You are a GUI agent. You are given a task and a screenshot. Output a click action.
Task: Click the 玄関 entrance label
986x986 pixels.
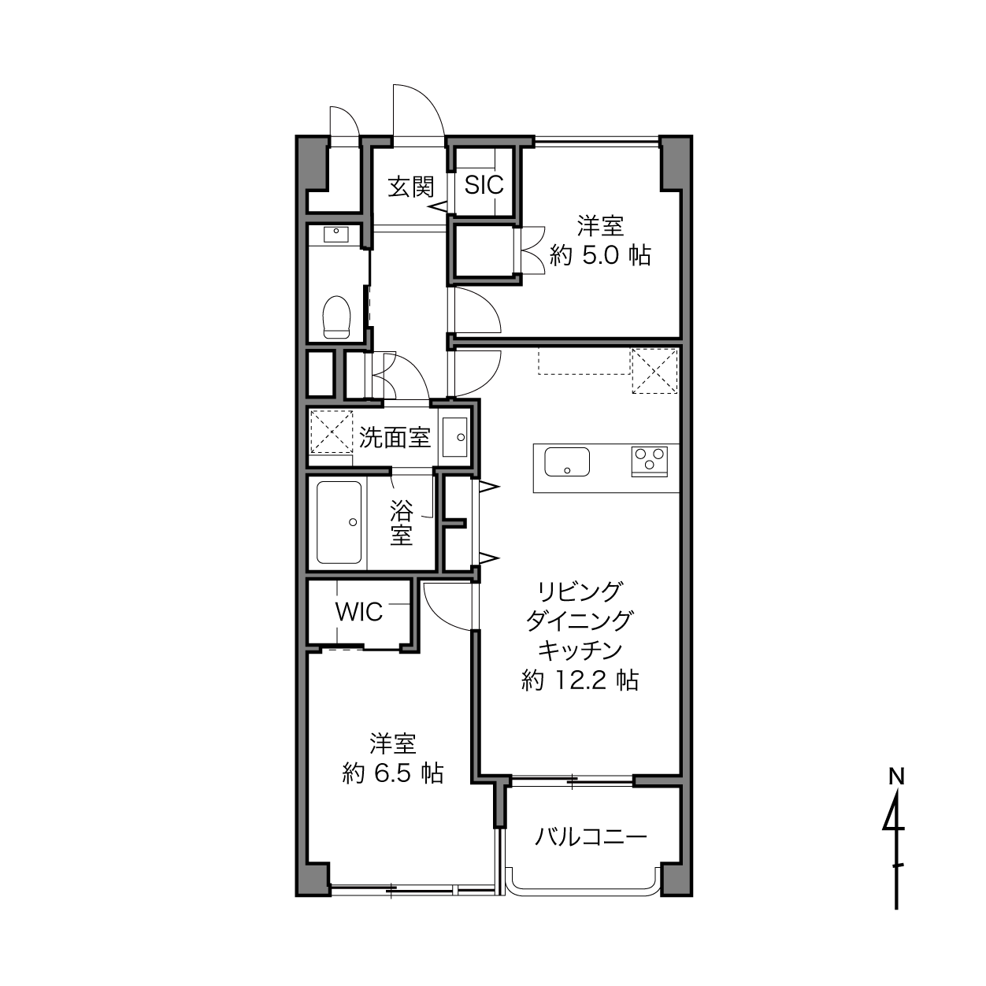[411, 187]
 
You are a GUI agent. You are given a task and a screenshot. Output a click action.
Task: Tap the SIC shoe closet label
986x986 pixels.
[484, 185]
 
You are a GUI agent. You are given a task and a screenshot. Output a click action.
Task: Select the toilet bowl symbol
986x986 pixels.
[336, 317]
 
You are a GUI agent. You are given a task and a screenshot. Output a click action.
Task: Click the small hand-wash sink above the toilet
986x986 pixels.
[335, 235]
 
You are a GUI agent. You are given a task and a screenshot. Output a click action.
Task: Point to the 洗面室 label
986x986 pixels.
[395, 438]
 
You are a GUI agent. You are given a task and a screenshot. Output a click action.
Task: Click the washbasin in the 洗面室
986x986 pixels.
[455, 437]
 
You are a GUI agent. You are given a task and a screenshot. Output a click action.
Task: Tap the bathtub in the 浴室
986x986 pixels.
[339, 522]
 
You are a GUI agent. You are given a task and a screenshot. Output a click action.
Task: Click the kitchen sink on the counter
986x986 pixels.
[566, 462]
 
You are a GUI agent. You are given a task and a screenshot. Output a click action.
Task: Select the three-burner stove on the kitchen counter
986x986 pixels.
[649, 462]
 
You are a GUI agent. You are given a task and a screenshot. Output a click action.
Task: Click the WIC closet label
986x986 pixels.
[358, 612]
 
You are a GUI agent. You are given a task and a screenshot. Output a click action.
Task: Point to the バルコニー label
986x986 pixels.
[591, 838]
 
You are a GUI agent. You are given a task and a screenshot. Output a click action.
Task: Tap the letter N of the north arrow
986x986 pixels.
[896, 777]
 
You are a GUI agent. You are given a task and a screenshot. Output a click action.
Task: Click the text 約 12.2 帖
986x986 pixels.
[580, 681]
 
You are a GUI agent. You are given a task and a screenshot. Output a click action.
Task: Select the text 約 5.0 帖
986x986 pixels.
[599, 255]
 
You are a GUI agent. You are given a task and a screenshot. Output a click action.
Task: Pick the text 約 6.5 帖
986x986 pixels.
[392, 773]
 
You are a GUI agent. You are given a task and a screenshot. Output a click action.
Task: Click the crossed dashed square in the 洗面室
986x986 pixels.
[332, 432]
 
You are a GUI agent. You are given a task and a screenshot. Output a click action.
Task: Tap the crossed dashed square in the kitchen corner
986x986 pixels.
[654, 371]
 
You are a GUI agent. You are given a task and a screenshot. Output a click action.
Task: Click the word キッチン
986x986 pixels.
[580, 651]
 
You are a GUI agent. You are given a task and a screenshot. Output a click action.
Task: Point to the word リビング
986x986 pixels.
[580, 591]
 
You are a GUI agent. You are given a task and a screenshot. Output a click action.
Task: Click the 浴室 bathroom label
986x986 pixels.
[401, 522]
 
